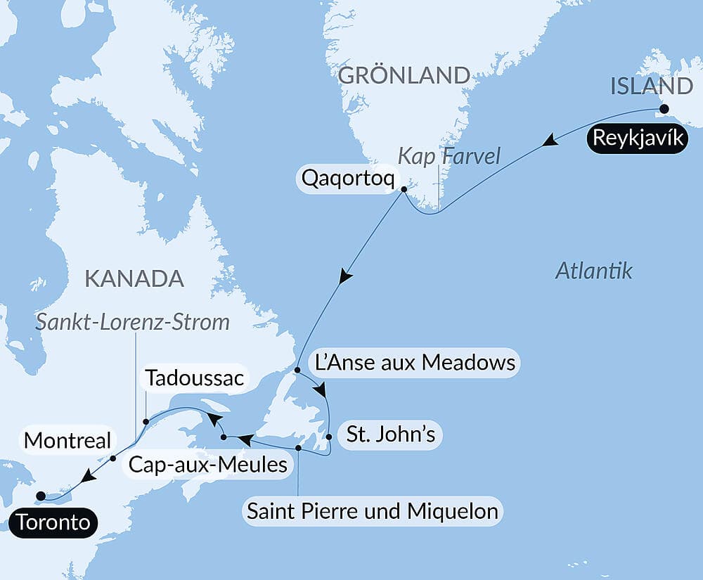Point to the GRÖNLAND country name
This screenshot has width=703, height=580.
(404, 75)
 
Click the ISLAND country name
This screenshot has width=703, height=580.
(652, 86)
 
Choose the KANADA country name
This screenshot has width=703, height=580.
(134, 278)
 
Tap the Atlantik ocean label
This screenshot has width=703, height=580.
(594, 271)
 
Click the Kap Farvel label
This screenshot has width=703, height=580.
(449, 157)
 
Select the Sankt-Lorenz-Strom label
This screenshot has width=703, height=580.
(134, 322)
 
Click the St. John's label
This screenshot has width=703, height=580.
(390, 434)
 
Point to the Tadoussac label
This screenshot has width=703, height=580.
(193, 379)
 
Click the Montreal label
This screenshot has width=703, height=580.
(67, 441)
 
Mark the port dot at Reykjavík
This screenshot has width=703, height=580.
(662, 109)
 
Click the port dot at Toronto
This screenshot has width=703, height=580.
(41, 495)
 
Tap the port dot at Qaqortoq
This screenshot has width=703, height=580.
(404, 189)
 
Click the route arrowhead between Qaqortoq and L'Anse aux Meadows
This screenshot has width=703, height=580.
(344, 276)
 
